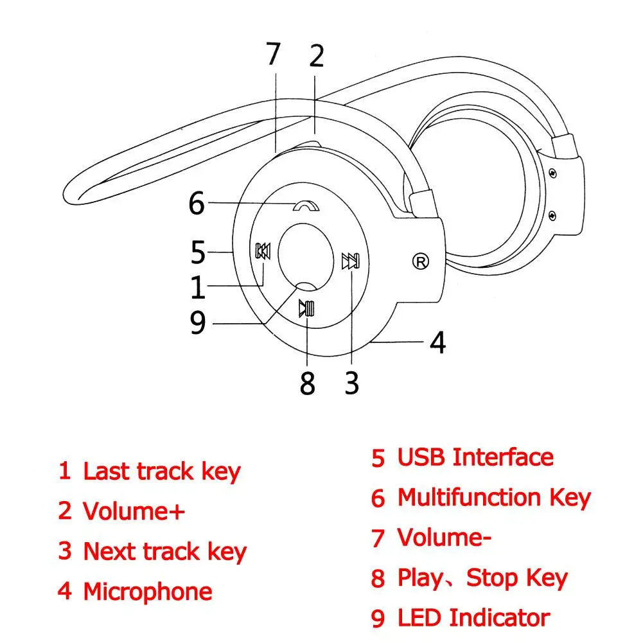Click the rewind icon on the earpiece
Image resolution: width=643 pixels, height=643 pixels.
[x=263, y=251]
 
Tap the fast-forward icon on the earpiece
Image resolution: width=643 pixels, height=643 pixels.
[x=351, y=261]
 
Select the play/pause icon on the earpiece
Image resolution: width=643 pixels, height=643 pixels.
[x=306, y=309]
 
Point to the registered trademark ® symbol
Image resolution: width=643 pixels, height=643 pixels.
[x=421, y=261]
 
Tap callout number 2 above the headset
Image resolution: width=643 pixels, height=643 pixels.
[x=316, y=57]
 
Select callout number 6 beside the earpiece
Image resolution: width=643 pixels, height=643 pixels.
[x=197, y=204]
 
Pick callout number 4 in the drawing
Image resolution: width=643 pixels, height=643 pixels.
[x=437, y=342]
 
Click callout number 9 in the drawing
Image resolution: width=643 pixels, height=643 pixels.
[x=198, y=323]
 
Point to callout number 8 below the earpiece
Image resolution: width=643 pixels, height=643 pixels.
[x=308, y=384]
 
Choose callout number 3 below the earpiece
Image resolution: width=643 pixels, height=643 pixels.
[x=351, y=383]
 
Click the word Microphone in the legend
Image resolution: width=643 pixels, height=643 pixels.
[x=148, y=592]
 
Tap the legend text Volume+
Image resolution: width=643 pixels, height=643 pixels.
[x=134, y=512]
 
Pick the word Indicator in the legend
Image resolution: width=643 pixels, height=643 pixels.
[x=499, y=618]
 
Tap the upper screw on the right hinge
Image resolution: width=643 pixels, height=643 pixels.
[x=552, y=173]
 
